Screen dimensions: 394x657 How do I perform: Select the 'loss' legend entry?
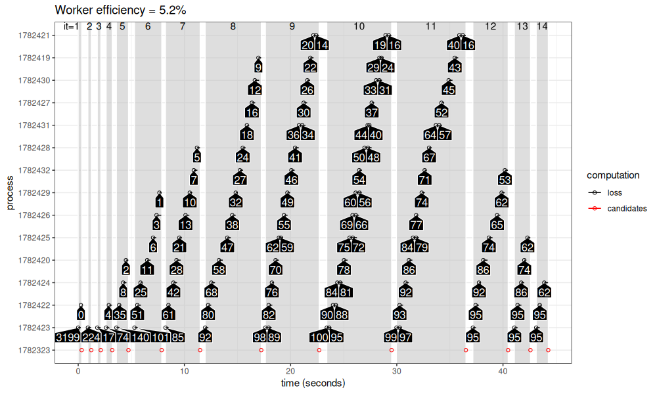(614, 193)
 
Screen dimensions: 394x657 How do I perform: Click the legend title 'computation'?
(613, 175)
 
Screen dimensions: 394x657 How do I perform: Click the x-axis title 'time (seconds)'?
(313, 383)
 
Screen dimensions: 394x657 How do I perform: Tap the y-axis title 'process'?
(10, 193)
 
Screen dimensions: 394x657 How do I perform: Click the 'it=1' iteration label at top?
(71, 27)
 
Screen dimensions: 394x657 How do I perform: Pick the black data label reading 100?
(319, 338)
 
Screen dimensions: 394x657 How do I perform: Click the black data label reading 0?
(80, 315)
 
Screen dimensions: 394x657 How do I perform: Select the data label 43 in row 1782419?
(455, 68)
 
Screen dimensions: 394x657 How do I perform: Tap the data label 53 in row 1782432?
(505, 180)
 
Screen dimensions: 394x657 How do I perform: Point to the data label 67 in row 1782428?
(429, 158)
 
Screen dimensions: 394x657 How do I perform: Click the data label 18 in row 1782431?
(247, 135)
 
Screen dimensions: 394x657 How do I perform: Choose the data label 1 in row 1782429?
(160, 202)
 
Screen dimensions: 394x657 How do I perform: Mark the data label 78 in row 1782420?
(344, 270)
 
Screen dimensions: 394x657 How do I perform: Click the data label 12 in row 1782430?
(256, 90)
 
